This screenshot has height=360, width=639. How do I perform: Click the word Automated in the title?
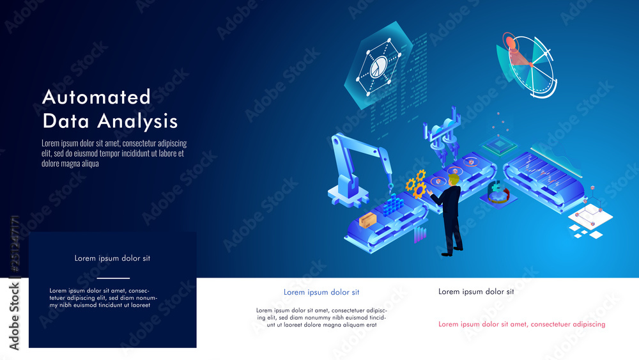[96, 97]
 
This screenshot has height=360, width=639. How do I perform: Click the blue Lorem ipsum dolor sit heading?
[321, 292]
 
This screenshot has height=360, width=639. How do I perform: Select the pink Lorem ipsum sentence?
[521, 324]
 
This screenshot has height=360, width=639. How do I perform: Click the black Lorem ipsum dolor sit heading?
[476, 292]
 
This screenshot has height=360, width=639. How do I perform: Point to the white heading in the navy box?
[112, 258]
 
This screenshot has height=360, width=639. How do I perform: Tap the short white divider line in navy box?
[113, 278]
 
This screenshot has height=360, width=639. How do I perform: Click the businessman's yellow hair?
[454, 182]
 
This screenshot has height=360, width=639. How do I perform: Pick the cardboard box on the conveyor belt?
[367, 221]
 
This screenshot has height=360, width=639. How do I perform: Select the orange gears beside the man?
[417, 184]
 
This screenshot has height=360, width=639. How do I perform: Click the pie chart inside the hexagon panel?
[378, 67]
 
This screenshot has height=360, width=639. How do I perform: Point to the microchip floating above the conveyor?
[499, 146]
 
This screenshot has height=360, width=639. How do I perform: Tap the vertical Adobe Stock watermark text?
[14, 281]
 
